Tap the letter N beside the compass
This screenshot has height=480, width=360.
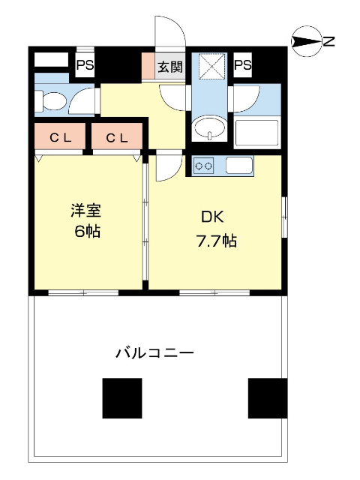click(x=328, y=42)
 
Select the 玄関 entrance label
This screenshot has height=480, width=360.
click(x=169, y=67)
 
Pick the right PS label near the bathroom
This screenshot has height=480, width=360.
click(x=241, y=65)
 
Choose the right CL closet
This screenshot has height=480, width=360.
click(x=116, y=137)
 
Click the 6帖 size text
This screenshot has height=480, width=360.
click(x=81, y=231)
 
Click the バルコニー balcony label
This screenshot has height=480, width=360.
click(x=154, y=352)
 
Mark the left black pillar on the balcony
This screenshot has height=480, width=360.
click(x=122, y=398)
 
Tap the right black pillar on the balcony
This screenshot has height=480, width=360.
click(x=267, y=398)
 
